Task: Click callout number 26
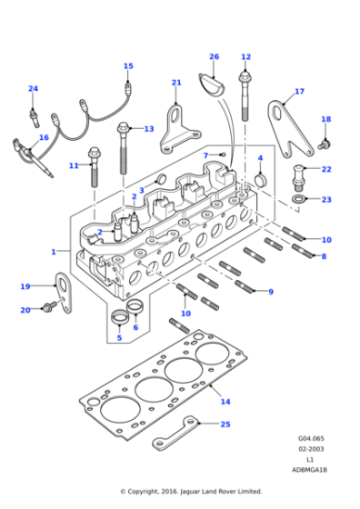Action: (x=214, y=56)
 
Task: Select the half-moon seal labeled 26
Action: (x=211, y=85)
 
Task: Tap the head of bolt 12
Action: (x=245, y=77)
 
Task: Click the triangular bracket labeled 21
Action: (x=179, y=130)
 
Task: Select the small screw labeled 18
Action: (x=325, y=145)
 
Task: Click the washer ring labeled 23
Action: (x=298, y=199)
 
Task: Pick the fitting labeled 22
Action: (x=299, y=178)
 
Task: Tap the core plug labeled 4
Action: (x=260, y=180)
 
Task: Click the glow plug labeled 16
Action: (x=34, y=157)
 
